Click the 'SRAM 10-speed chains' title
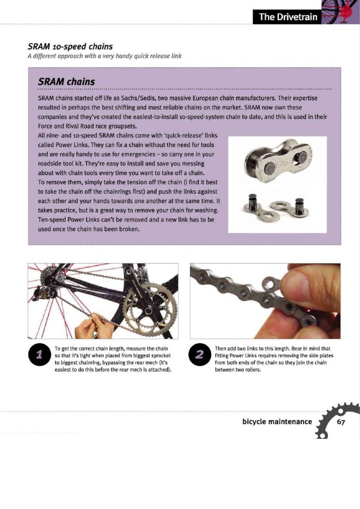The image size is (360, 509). click(x=70, y=46)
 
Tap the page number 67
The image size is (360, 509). click(x=341, y=422)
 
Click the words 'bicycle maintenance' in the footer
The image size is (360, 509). click(x=277, y=422)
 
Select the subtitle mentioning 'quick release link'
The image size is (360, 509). click(x=104, y=55)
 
